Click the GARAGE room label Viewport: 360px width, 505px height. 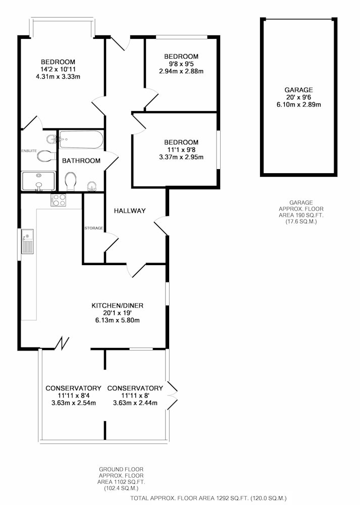coord(298,90)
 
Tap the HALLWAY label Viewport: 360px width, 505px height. coord(130,211)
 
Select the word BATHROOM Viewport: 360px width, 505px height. coord(81,161)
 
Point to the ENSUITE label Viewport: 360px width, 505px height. coord(29,150)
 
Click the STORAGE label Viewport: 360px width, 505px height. coord(94,228)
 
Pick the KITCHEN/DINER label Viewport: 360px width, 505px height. coord(118,306)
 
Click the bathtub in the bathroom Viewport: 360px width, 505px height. coord(81,139)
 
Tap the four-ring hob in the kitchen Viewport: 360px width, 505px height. coord(58,199)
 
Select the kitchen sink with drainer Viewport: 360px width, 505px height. coord(27,241)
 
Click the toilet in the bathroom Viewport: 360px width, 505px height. coord(71,181)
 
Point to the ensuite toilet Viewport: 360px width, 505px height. coord(44,156)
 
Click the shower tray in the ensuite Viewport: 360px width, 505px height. coord(39,181)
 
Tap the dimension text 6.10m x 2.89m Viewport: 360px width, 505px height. coord(299,105)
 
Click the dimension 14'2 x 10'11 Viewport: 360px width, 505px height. coord(58,69)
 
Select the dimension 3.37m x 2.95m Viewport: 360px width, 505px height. coord(181,157)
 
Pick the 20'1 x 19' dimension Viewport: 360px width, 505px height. coord(118,313)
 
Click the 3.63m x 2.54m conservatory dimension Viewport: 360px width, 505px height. coord(73,403)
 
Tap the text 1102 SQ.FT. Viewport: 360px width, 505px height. coord(121,482)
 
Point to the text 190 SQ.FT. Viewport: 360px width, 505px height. coord(301,215)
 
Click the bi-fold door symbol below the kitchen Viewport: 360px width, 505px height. coord(63,343)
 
